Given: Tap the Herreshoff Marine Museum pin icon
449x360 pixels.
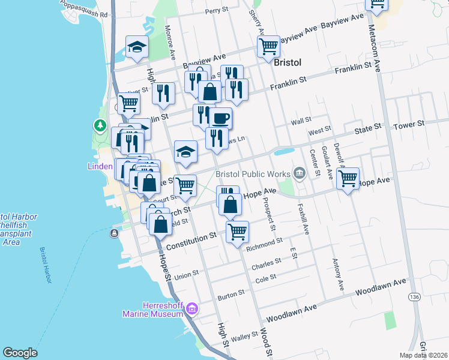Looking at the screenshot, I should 192,309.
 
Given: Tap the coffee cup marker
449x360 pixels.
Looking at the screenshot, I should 220,117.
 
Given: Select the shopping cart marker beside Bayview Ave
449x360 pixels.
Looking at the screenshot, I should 268,46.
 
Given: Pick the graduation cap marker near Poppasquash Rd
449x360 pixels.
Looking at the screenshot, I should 137,46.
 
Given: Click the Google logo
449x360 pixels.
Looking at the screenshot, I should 20,353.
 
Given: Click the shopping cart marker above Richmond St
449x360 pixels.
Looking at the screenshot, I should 238,231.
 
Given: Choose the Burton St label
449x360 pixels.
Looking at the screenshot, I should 231,293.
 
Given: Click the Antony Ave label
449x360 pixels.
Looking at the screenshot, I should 337,275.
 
